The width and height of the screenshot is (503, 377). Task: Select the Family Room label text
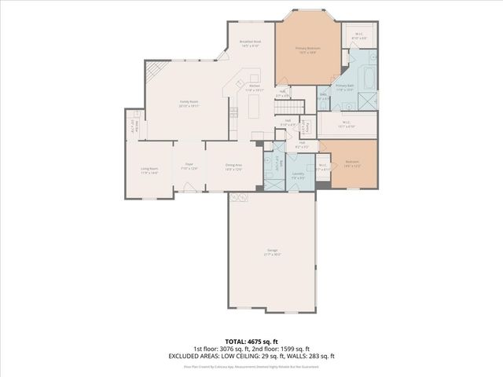point(188,103)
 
